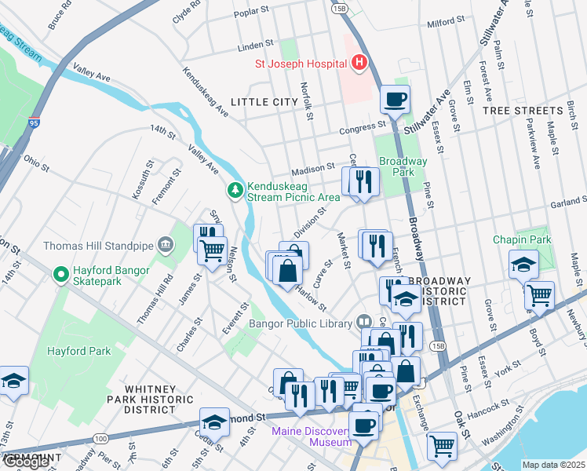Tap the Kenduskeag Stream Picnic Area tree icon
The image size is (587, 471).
(x=235, y=189)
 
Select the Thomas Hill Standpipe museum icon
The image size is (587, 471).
(x=165, y=245)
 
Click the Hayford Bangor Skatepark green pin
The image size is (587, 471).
(x=60, y=274)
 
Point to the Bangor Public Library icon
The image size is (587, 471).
(x=363, y=321)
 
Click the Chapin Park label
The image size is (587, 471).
(x=522, y=239)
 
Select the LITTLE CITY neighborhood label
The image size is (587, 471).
(x=264, y=102)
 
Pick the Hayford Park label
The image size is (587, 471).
(x=78, y=352)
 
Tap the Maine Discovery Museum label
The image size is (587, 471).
(x=312, y=436)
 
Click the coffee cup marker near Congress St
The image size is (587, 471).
(x=395, y=100)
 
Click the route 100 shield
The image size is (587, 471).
(x=100, y=437)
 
